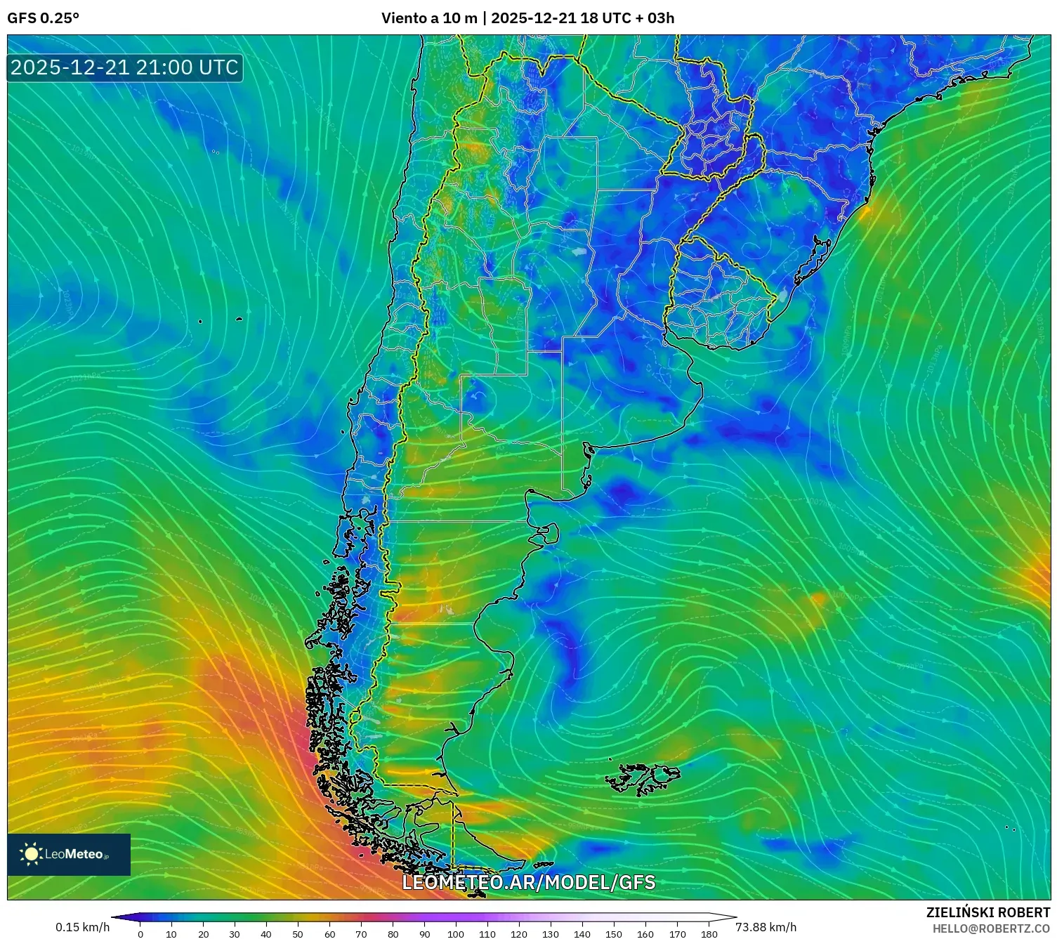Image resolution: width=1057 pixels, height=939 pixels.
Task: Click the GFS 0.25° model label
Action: tap(43, 18)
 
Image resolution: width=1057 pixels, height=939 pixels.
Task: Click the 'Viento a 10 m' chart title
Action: tap(429, 18)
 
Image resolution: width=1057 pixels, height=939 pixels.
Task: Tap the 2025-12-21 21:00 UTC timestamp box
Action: tap(125, 68)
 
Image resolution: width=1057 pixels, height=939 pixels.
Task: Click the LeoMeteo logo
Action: tap(69, 854)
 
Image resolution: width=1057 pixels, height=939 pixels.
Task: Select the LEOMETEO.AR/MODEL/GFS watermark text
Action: tap(528, 882)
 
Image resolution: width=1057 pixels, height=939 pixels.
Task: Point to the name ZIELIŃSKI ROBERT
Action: tap(987, 912)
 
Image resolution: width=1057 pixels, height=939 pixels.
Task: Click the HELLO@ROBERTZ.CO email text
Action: tap(991, 928)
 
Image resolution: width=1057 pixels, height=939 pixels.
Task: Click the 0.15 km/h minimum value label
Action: tap(83, 927)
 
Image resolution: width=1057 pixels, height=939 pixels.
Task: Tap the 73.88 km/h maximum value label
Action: tap(766, 927)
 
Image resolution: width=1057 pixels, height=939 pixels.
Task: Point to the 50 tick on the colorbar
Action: tap(298, 934)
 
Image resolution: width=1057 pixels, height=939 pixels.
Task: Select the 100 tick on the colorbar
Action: tap(456, 934)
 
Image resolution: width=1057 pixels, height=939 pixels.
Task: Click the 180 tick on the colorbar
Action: tap(709, 934)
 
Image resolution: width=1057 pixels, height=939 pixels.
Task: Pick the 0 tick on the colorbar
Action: tap(140, 934)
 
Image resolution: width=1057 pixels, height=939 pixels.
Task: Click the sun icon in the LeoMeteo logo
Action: tap(32, 854)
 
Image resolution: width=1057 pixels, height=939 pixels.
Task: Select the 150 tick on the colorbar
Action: tap(614, 934)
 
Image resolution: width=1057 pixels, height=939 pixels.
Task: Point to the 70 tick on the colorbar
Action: tap(361, 934)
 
